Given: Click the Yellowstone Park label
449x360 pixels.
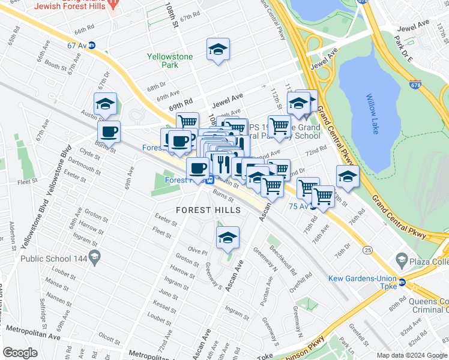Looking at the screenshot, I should (170, 61).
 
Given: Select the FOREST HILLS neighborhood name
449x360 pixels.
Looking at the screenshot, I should (208, 210).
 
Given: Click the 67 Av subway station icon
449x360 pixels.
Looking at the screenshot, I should (92, 46).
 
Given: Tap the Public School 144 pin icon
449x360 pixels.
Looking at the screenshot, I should (94, 259).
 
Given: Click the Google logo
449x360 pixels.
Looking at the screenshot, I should (20, 353).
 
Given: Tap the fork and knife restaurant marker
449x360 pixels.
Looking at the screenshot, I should (221, 163).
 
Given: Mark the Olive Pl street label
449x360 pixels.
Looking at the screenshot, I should (197, 250).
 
